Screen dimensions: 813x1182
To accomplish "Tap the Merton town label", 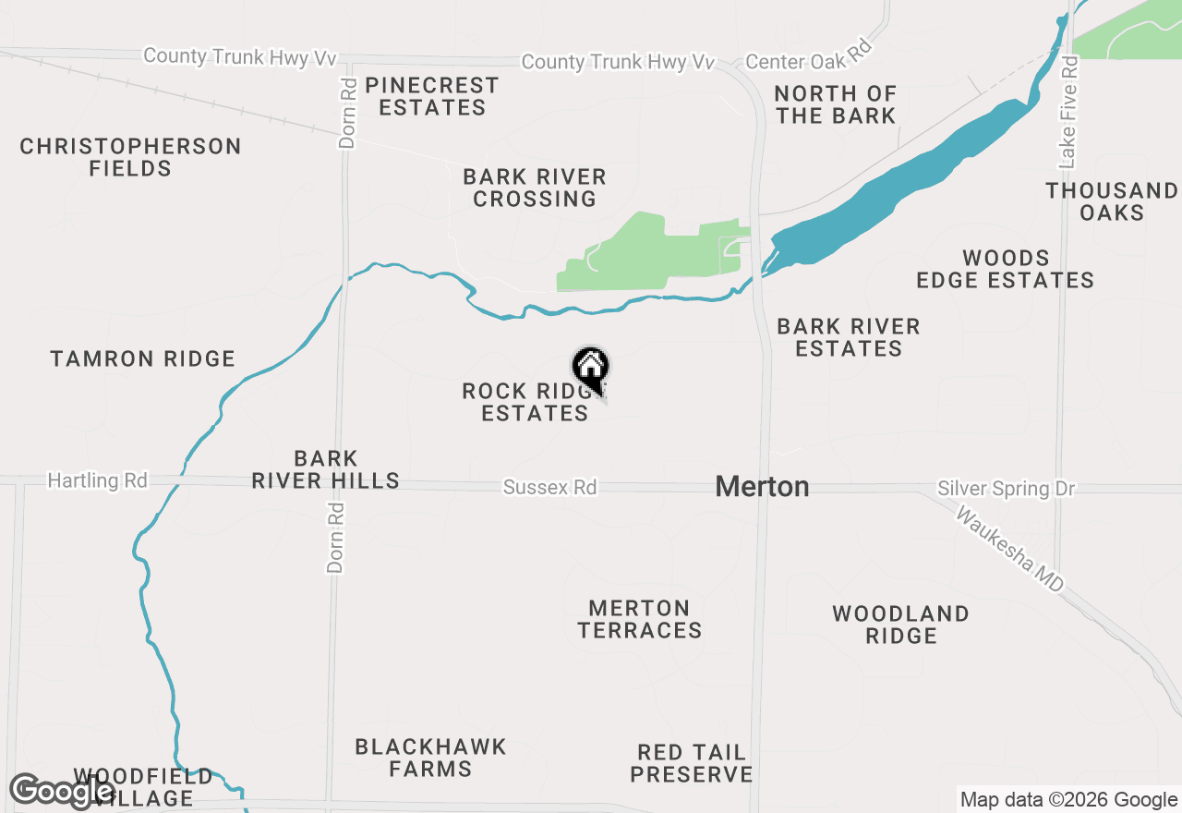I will tap(762, 487).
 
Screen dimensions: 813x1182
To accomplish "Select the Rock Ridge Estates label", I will tap(532, 402).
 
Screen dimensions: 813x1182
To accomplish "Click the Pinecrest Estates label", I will tap(431, 96).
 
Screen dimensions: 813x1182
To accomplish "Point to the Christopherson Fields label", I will tap(130, 157).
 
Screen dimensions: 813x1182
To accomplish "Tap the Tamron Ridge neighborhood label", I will tap(143, 358).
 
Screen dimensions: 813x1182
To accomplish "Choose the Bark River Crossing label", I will tap(535, 188).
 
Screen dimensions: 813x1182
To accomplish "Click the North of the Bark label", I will tap(835, 104).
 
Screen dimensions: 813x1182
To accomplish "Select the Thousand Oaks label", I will tap(1112, 201).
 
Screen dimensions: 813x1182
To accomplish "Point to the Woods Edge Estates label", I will tap(1005, 269).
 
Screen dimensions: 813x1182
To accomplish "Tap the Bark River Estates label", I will tap(849, 337).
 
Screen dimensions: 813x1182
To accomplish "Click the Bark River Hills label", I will tap(326, 469).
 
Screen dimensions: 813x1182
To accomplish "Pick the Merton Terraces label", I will tap(639, 619).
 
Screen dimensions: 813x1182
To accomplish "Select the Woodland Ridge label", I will tap(900, 625).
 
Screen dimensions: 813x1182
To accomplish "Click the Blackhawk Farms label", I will tap(430, 758).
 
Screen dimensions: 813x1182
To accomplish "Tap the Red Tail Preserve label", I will tap(692, 763).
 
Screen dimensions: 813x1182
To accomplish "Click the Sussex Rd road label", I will tap(549, 487).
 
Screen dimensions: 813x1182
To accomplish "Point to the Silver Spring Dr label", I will tap(1006, 489).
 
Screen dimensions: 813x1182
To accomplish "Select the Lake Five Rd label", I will tap(1069, 113).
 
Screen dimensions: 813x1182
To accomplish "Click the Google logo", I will tap(62, 791).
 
